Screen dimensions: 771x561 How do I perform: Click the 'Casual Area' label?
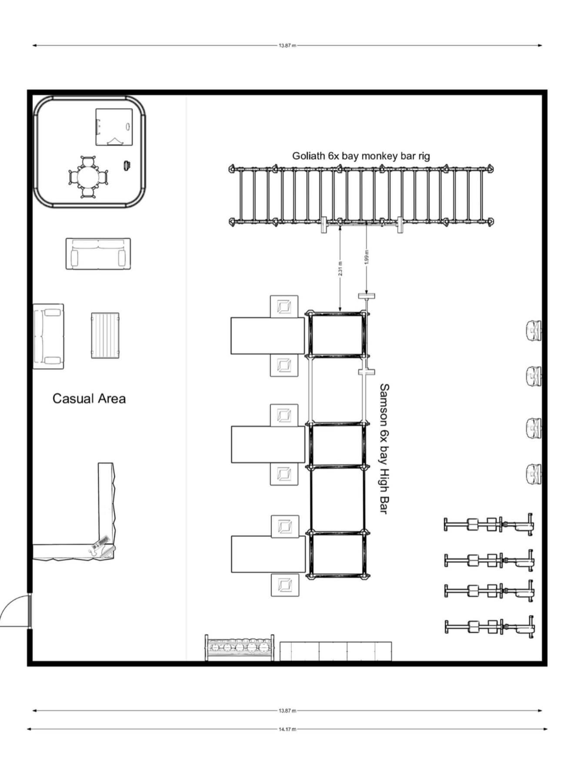[x=89, y=398]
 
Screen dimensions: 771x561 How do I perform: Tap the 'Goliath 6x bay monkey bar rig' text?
[x=361, y=156]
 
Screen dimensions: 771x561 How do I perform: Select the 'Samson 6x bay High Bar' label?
[x=383, y=449]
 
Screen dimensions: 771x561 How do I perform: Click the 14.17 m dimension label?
[x=287, y=729]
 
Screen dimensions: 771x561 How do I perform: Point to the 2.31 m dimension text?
[x=340, y=268]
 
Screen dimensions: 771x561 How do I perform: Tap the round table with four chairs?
[x=88, y=178]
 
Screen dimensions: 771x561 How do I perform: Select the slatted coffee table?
[x=105, y=335]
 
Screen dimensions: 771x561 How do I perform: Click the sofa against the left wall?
[x=48, y=336]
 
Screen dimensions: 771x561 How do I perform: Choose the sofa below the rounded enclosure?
[x=98, y=254]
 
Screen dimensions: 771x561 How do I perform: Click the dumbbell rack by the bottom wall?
[x=240, y=647]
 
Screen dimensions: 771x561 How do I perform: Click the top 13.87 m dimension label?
[x=287, y=45]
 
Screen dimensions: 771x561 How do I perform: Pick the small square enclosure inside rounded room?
[x=114, y=126]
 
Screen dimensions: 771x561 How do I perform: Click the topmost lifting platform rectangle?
[x=267, y=335]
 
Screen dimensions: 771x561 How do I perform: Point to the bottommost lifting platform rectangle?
[x=267, y=553]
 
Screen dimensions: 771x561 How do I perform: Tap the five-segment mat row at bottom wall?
[x=335, y=651]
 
